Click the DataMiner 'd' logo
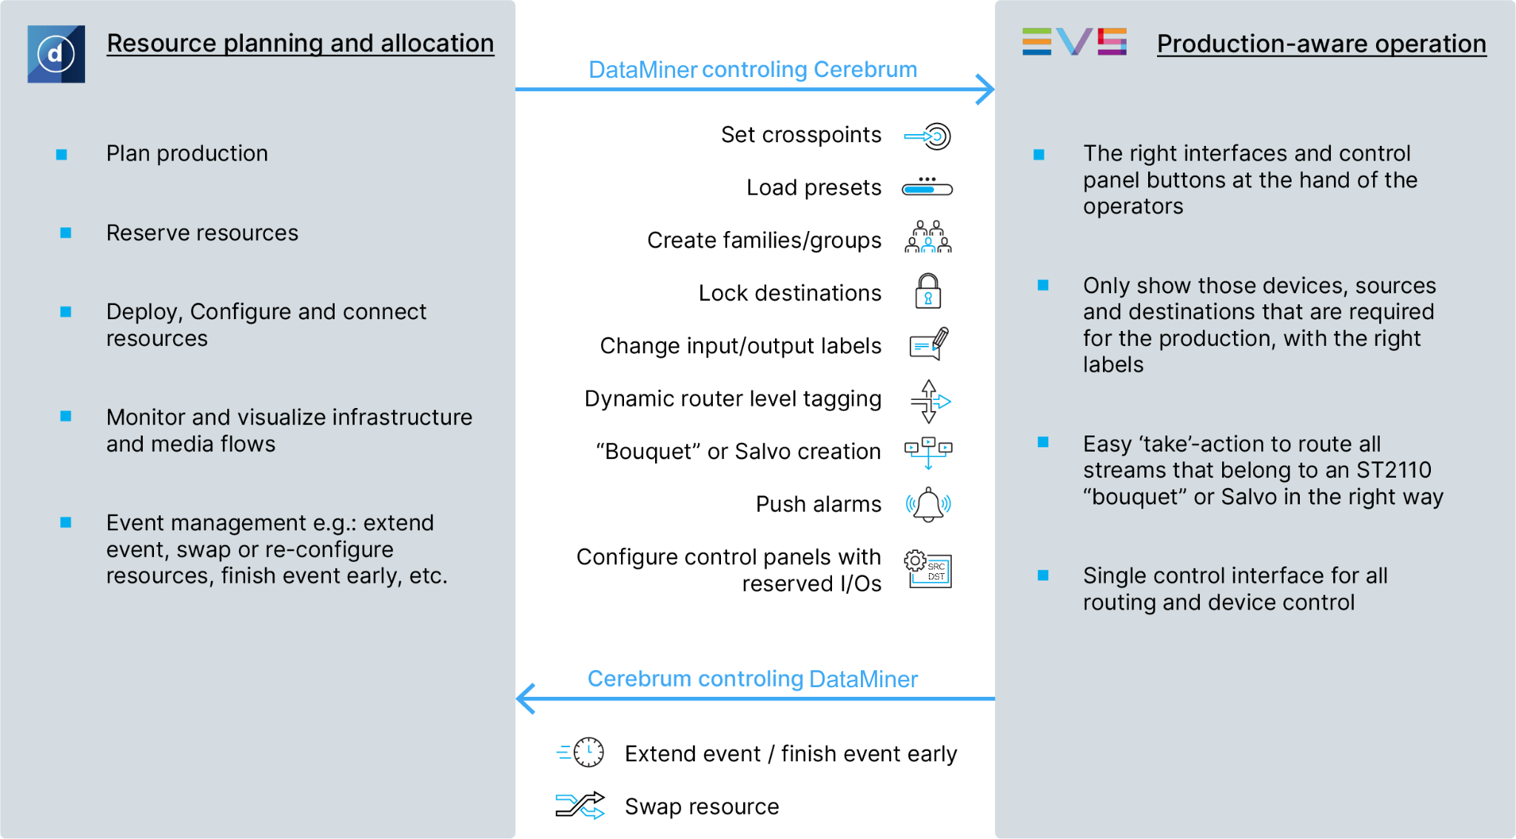pos(56,54)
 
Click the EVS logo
pos(1074,41)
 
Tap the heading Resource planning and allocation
pos(300,43)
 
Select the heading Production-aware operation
pos(1321,44)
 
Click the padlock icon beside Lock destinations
pos(928,291)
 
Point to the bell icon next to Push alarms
pos(928,505)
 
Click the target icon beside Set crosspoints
pos(929,136)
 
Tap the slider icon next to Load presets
pos(927,187)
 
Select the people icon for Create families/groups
pos(928,238)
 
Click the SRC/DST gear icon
pos(928,569)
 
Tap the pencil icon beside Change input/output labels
pos(929,344)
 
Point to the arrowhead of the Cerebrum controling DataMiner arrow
pos(526,698)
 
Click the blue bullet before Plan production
pos(62,155)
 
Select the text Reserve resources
pos(202,233)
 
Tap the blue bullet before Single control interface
pos(1043,575)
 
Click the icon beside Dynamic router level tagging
pos(929,401)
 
